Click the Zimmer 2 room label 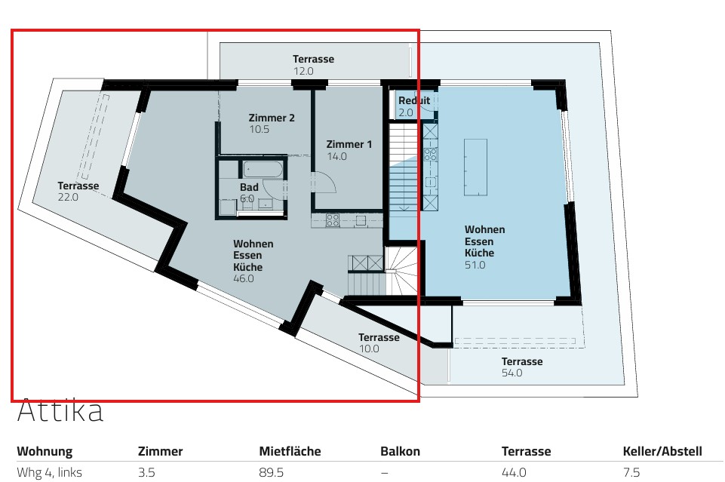(x=271, y=118)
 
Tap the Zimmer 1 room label (x=349, y=145)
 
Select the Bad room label (x=250, y=187)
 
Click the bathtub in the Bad (x=263, y=169)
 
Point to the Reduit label (x=414, y=101)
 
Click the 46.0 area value (x=244, y=278)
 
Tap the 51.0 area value (x=475, y=266)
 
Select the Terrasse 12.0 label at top (x=313, y=60)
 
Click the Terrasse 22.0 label (x=78, y=186)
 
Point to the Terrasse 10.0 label (x=379, y=338)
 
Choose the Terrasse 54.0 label (x=521, y=362)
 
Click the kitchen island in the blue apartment (x=475, y=167)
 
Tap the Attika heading (x=60, y=412)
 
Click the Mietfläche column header (x=290, y=452)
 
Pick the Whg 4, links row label (x=49, y=473)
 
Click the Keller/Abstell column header (x=662, y=452)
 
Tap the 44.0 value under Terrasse (x=513, y=473)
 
